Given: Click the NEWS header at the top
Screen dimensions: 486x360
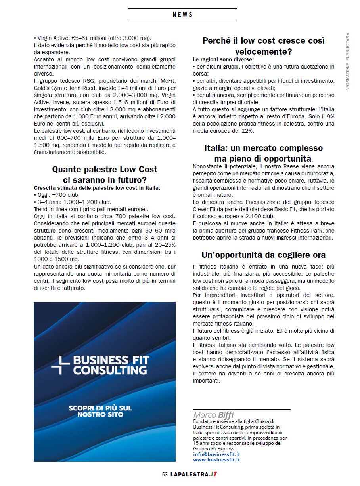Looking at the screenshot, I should coord(182,15).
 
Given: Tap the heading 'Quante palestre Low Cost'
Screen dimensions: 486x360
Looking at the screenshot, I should coord(105,169).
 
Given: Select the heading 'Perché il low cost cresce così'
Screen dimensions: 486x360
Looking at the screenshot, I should coord(263,41).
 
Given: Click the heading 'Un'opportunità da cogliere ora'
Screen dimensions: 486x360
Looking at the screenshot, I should coord(263,255).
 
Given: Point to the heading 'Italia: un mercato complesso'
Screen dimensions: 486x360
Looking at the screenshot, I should coord(263,148).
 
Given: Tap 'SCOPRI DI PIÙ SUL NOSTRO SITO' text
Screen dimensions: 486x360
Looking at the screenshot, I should coord(100,411).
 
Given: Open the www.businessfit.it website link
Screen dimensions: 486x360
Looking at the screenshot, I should coord(216,460).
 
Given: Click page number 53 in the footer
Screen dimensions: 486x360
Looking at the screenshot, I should coord(165,475).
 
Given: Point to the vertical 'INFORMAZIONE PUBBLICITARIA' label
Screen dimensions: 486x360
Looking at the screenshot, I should coord(347,62).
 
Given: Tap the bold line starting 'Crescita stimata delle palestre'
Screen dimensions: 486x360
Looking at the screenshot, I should coord(97,188).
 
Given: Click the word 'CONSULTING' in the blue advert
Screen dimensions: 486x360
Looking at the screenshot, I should coord(110,371).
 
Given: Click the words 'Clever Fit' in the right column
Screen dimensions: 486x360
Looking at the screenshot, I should coord(206,209).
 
